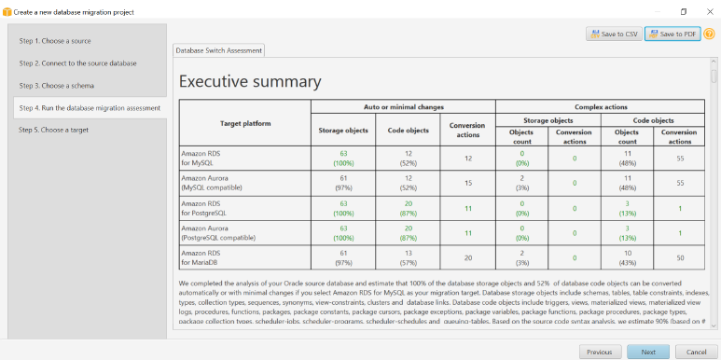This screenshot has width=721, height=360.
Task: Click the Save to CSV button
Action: coord(612,35)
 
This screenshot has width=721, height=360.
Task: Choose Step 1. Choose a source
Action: coord(55,41)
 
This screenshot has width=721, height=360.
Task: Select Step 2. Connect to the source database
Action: coord(77,63)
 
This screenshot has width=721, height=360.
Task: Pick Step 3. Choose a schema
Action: coord(59,86)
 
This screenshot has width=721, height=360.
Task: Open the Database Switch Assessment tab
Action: coord(219,50)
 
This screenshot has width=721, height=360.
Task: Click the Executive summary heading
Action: coord(250,82)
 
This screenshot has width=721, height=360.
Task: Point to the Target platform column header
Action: coord(244,123)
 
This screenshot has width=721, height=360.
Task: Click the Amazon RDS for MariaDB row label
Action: coord(201,257)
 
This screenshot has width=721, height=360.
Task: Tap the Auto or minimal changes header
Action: coord(402,106)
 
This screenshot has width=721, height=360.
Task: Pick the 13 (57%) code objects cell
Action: coord(408,257)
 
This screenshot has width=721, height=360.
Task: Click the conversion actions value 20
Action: coord(467,257)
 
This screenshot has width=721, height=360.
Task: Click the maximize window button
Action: coord(683,11)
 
